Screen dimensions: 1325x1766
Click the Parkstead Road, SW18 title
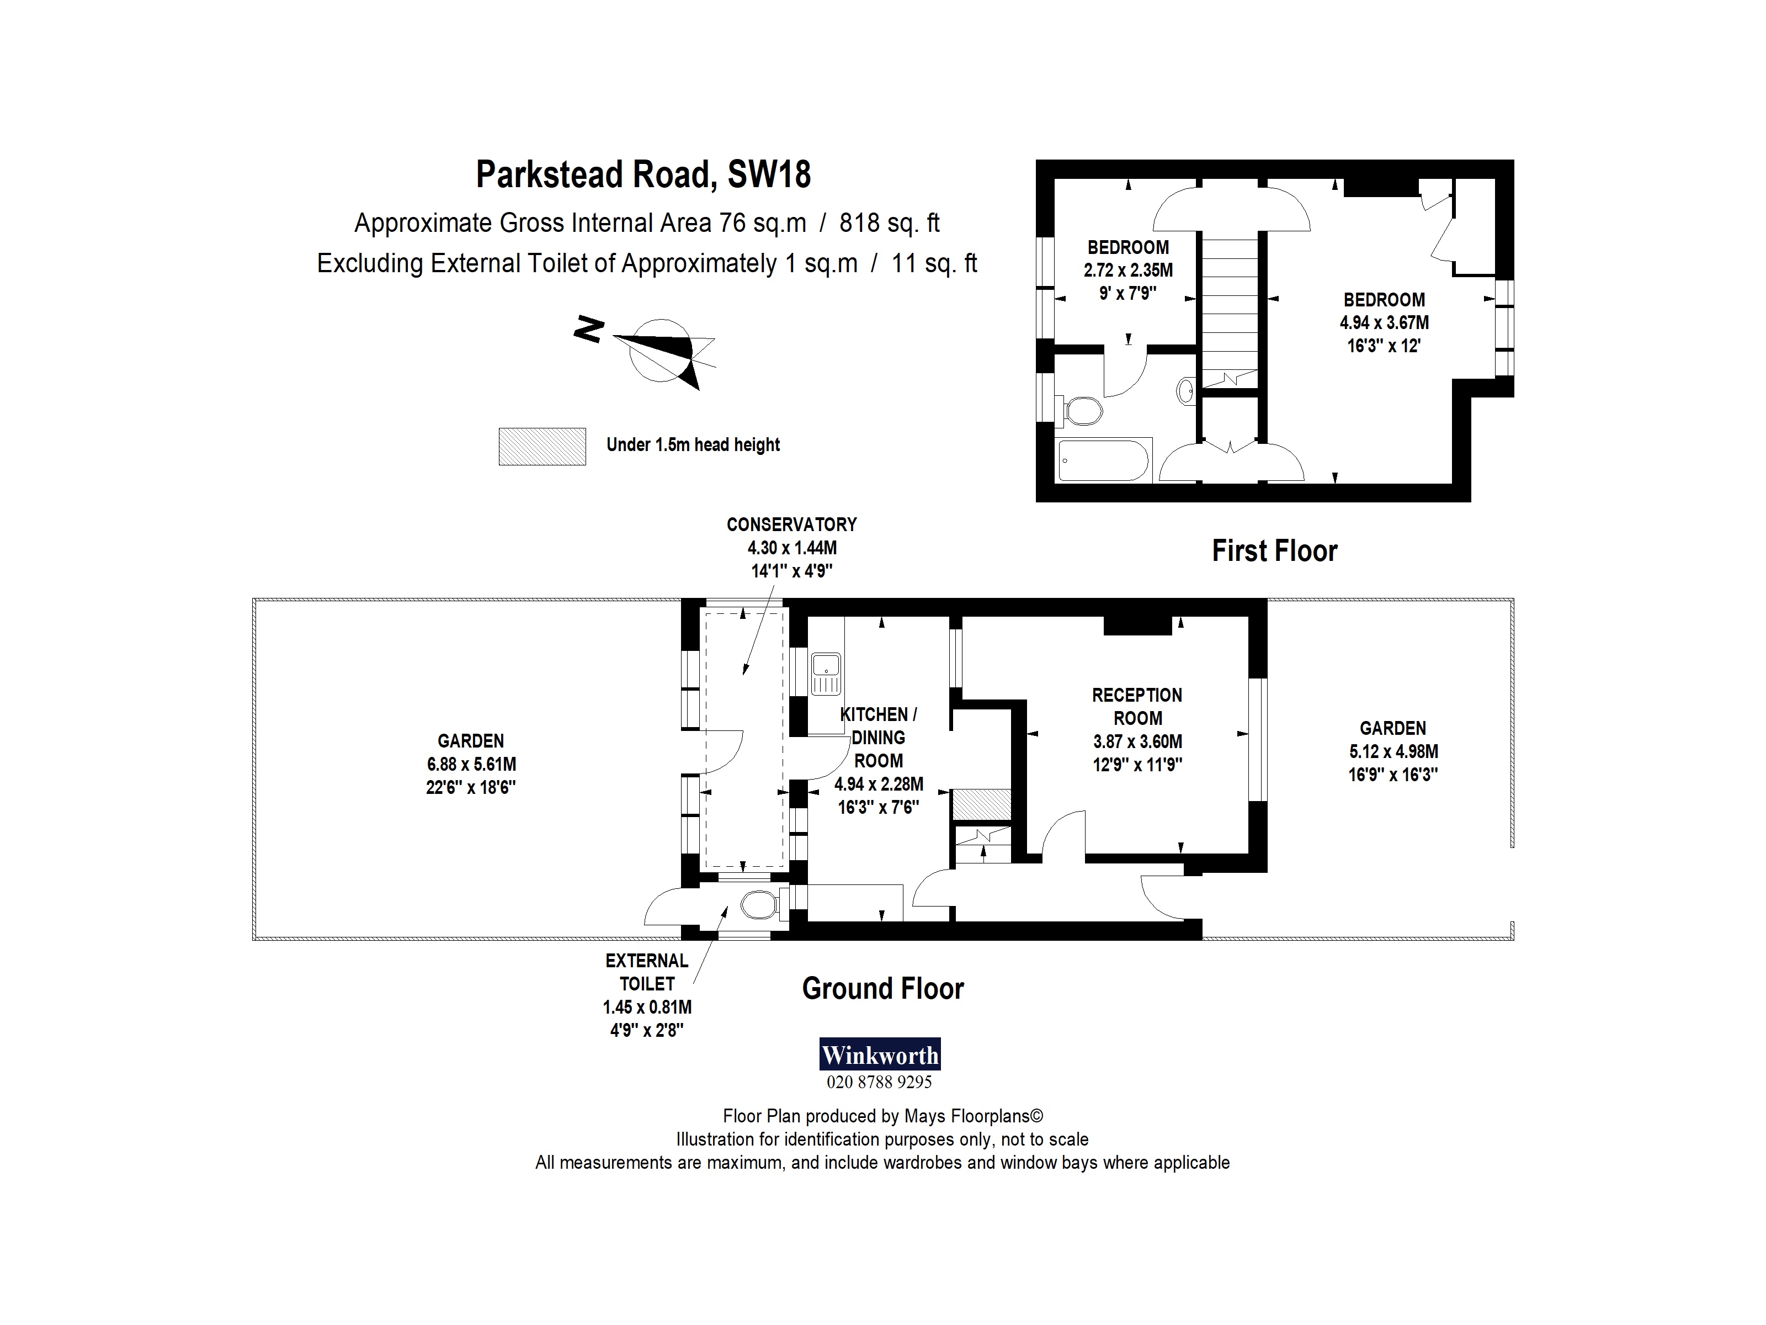643,174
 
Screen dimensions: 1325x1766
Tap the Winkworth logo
880,1055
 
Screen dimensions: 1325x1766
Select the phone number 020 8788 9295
879,1082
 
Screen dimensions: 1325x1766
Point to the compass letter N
588,329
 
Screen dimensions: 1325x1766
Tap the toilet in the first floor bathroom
1081,411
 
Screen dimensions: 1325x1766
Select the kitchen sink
826,674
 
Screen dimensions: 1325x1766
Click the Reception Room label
1137,706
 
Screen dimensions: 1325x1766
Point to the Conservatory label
791,524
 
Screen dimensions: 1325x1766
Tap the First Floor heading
1274,551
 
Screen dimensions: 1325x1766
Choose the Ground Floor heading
882,989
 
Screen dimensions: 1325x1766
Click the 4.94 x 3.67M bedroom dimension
1384,322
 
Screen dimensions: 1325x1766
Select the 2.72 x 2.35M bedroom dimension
1128,270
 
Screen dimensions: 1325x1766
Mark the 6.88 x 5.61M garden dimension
471,764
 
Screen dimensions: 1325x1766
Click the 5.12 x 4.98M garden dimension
1393,751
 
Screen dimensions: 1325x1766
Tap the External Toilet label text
647,972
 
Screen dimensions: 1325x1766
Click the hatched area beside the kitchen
982,803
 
